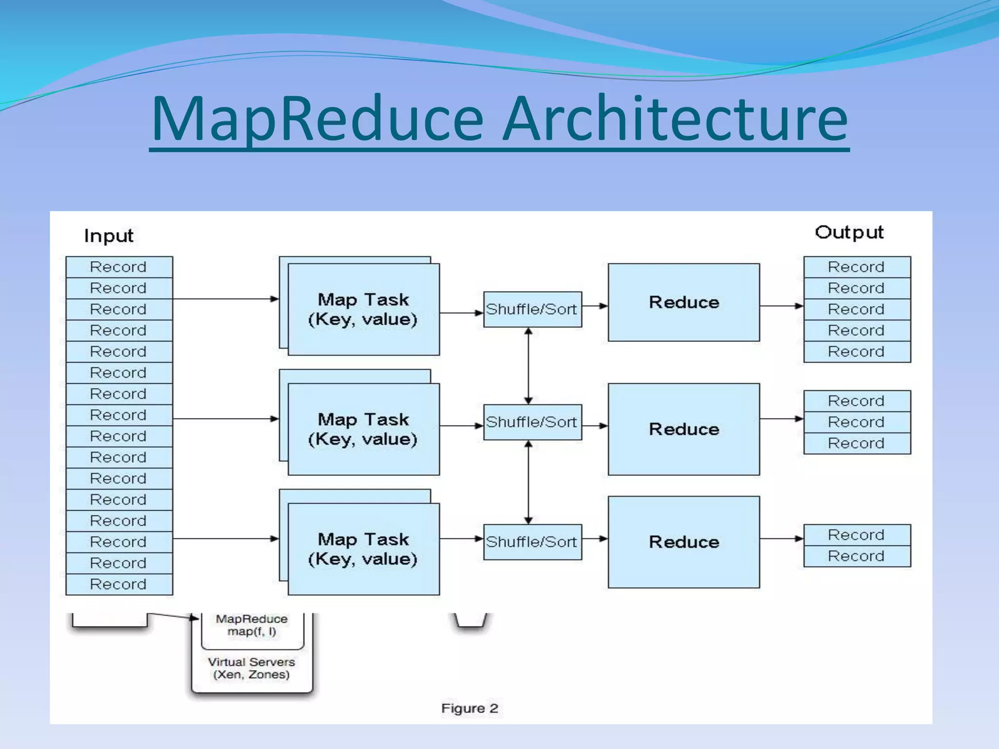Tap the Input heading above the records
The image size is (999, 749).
108,236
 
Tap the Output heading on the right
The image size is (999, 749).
849,233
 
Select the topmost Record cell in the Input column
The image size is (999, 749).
119,267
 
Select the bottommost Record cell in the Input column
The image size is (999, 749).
119,584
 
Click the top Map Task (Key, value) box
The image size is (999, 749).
363,309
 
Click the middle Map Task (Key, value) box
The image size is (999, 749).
363,429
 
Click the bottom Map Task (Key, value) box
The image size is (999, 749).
363,549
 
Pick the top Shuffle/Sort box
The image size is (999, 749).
532,309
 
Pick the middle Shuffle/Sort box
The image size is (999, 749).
532,422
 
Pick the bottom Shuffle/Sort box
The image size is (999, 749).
532,542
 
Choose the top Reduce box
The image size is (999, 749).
683,302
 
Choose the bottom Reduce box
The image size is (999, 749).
683,542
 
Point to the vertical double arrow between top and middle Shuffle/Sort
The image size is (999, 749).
528,366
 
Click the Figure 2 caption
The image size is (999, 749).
470,708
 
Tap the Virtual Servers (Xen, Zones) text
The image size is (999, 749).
251,668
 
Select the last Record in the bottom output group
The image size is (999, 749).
857,556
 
